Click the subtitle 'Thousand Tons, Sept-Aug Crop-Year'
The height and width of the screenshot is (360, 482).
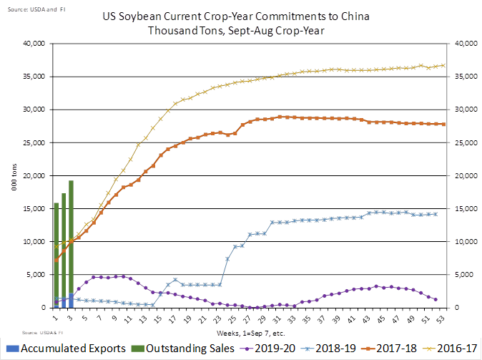point(241,31)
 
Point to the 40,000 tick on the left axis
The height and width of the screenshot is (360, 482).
point(34,44)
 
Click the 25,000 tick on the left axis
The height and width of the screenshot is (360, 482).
point(34,143)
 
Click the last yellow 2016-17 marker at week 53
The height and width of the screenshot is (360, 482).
point(443,65)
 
